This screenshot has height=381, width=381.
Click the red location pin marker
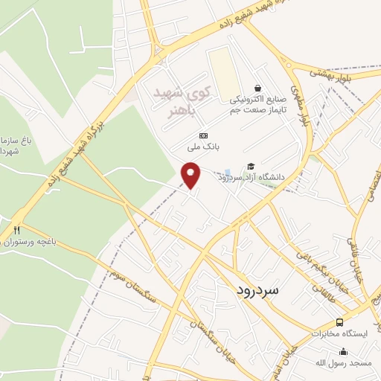tap(192, 176)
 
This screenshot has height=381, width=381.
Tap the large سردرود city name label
tap(259, 289)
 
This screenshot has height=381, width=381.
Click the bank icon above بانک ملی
tap(204, 135)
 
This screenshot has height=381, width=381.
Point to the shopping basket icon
tap(258, 88)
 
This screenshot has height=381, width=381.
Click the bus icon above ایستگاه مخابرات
tap(339, 322)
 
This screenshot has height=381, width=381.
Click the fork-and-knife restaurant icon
tap(16, 231)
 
